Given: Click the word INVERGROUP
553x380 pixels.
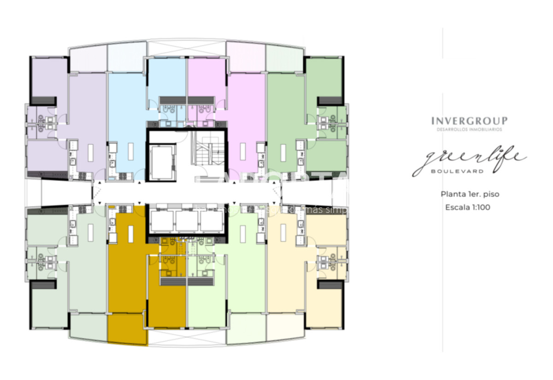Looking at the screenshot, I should [x=469, y=121].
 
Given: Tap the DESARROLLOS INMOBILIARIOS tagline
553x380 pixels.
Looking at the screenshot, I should [x=469, y=130].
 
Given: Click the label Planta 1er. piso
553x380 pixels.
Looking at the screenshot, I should [x=470, y=194].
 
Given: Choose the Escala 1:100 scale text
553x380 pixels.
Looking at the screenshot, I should [x=468, y=207].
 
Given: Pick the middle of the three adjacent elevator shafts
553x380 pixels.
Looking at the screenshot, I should [x=187, y=221].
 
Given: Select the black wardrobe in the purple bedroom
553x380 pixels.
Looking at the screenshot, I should [x=43, y=101].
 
